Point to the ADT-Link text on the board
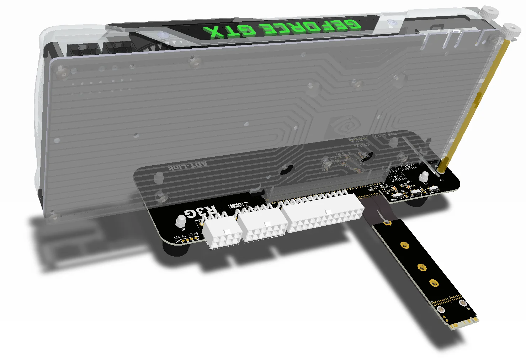[187, 166]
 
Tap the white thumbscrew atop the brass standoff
[511, 31]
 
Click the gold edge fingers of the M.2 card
[464, 324]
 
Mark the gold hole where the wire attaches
[387, 223]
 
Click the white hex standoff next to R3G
[181, 221]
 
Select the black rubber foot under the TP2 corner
[175, 249]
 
